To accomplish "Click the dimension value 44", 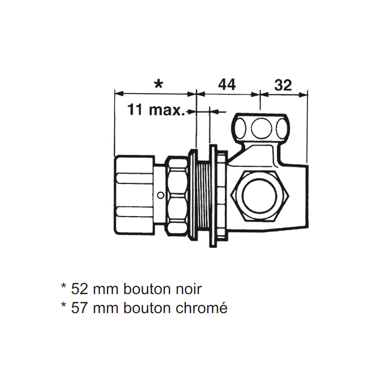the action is point(227,85).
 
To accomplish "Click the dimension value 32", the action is point(283,85).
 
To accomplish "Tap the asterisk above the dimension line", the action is point(159,85).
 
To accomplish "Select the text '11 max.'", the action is point(156,109).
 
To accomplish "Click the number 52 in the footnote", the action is point(80,289).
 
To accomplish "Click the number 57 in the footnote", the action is point(80,308).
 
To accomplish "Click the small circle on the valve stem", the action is point(161,196).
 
